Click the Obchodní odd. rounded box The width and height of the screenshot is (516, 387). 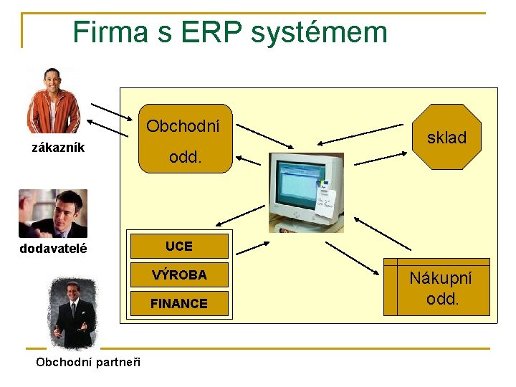[x=186, y=140]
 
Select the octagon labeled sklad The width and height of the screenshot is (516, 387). [x=446, y=137]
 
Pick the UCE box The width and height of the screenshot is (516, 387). [x=178, y=247]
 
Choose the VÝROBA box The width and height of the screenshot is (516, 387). [x=178, y=274]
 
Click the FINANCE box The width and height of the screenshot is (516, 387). [x=178, y=304]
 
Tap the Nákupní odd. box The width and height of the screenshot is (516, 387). [x=438, y=288]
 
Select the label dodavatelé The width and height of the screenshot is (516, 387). [x=54, y=248]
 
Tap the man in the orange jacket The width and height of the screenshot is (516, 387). [x=52, y=100]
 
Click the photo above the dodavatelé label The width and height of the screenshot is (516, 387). [x=52, y=214]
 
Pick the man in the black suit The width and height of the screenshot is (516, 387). [x=72, y=312]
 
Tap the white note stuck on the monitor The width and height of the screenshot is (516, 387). [x=325, y=201]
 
